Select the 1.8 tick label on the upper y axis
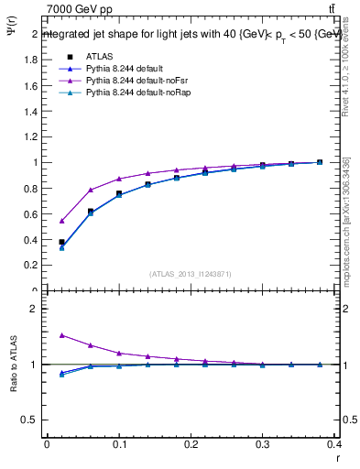pyautogui.click(x=29, y=60)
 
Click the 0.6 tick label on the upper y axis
pyautogui.click(x=29, y=214)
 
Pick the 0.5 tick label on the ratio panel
pyautogui.click(x=29, y=420)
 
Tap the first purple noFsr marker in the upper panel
pyautogui.click(x=61, y=221)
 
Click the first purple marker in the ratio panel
pyautogui.click(x=61, y=335)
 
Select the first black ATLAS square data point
pyautogui.click(x=61, y=242)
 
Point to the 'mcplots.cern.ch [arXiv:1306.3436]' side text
pyautogui.click(x=346, y=219)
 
